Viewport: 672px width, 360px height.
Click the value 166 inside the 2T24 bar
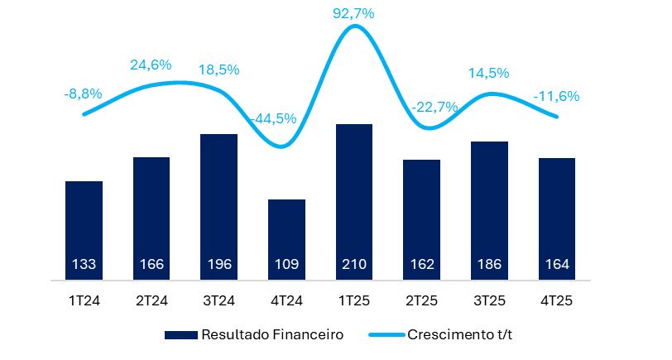[x=151, y=265]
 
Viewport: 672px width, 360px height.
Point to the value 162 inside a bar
[x=422, y=265]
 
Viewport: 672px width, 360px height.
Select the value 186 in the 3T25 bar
[x=489, y=265]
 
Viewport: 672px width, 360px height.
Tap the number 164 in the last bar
[x=557, y=265]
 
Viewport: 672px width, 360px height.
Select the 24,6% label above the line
[x=150, y=65]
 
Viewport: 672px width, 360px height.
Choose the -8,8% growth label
[x=83, y=94]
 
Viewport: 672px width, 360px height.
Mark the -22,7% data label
[x=434, y=108]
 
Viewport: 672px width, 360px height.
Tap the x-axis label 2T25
[x=422, y=301]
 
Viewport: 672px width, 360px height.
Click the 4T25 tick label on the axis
[x=557, y=301]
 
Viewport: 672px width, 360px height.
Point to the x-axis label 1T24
[x=84, y=301]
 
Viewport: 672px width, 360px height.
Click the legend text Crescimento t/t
[x=466, y=334]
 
